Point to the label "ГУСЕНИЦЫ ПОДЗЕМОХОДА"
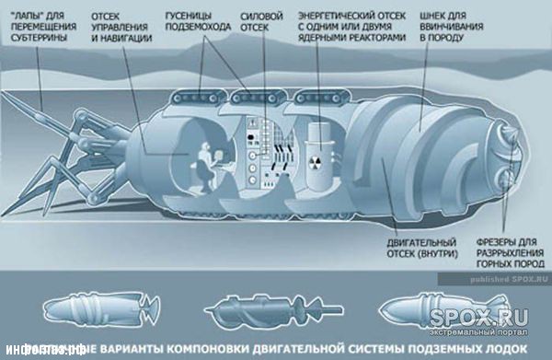(195, 24)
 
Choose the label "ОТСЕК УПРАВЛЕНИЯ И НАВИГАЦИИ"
(122, 29)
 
